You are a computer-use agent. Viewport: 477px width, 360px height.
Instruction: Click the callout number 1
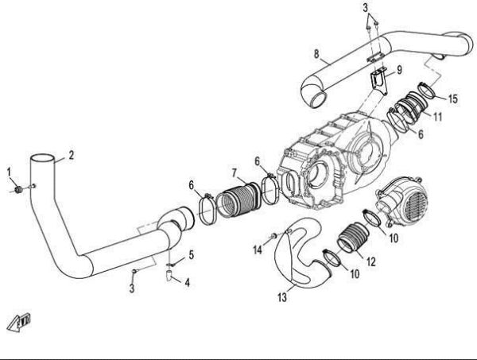coord(9,172)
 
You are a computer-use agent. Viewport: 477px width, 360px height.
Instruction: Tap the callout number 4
coord(186,282)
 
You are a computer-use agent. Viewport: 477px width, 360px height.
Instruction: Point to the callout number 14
coord(258,250)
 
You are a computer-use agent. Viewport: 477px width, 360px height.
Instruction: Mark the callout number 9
coord(399,70)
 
